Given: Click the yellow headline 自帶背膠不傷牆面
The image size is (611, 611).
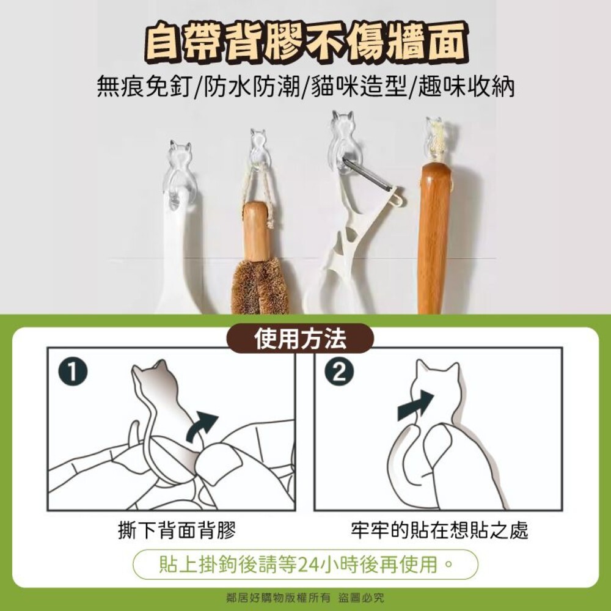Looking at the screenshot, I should coord(305,45).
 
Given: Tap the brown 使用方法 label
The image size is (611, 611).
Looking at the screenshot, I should coord(300,338).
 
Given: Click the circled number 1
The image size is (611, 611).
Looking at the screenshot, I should coord(73,372).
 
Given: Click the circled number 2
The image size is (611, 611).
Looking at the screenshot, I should coord(339,372).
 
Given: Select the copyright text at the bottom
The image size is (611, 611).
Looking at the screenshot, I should coord(305,598).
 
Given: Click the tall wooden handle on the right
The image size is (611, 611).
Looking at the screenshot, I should coord(434,238).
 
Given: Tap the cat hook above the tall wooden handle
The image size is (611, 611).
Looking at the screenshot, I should coord(435,137).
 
